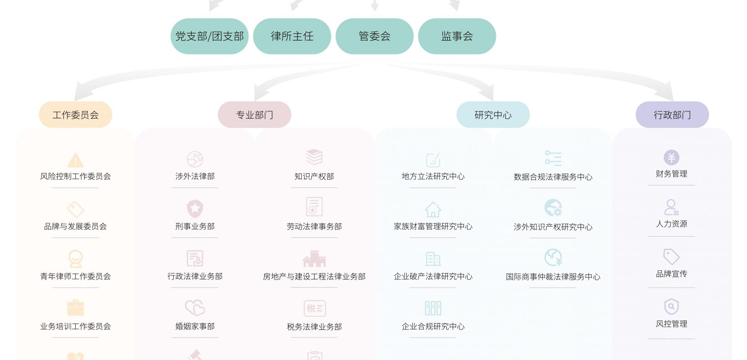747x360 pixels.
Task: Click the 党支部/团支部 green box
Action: pyautogui.click(x=209, y=36)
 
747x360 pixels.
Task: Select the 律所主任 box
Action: pyautogui.click(x=292, y=36)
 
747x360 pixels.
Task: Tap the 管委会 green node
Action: pyautogui.click(x=374, y=36)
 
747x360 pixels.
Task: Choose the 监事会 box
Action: pyautogui.click(x=457, y=36)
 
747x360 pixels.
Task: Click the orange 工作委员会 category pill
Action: pyautogui.click(x=76, y=115)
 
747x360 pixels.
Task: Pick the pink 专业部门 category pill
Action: pyautogui.click(x=254, y=115)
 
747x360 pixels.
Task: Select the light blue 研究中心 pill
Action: pyautogui.click(x=493, y=115)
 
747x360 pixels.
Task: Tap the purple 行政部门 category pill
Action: pyautogui.click(x=672, y=115)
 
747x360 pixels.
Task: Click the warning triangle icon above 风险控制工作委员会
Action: pyautogui.click(x=76, y=160)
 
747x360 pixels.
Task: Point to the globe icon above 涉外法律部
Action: pyautogui.click(x=195, y=159)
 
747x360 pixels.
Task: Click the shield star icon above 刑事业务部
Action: pyautogui.click(x=195, y=208)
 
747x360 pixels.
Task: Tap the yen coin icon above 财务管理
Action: pyautogui.click(x=671, y=157)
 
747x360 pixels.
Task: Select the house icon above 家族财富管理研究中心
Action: pyautogui.click(x=433, y=209)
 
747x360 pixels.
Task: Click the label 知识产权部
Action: pyautogui.click(x=314, y=176)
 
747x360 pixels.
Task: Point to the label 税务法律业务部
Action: pyautogui.click(x=314, y=327)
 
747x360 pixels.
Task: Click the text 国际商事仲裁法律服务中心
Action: pyautogui.click(x=553, y=277)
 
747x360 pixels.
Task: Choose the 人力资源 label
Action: pyautogui.click(x=671, y=224)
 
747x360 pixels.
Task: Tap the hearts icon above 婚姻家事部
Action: pyautogui.click(x=195, y=308)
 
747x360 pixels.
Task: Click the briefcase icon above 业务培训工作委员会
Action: pyautogui.click(x=76, y=307)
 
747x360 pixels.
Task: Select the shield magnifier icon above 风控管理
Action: pyautogui.click(x=671, y=306)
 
